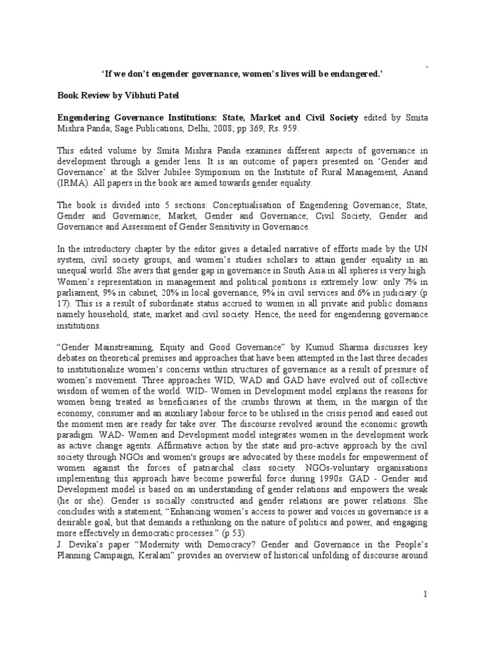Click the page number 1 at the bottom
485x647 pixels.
click(426, 594)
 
